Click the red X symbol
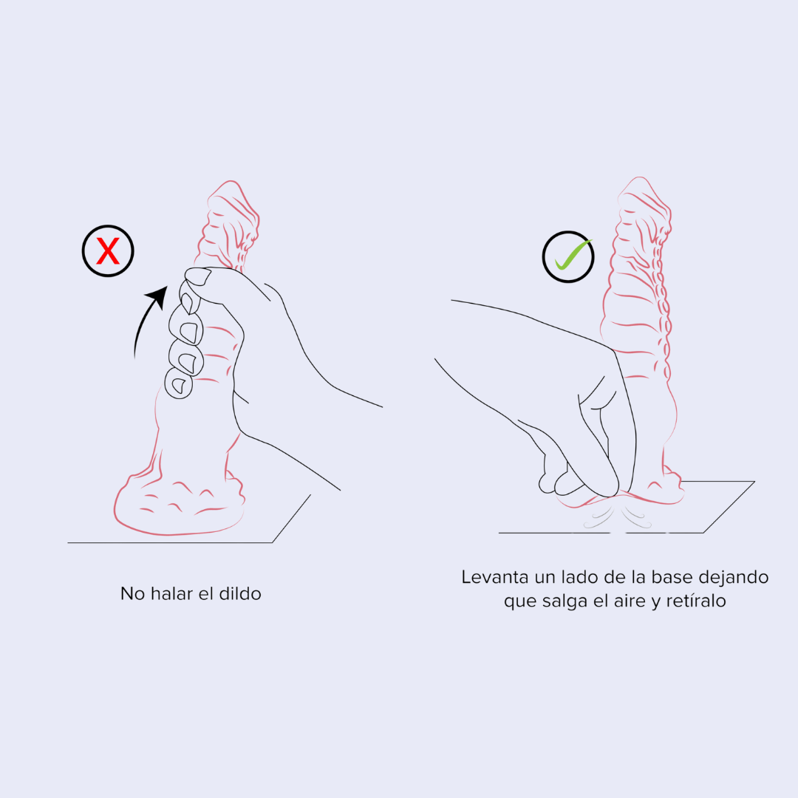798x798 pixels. [108, 251]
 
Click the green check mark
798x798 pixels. [573, 254]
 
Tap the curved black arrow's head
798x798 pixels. [158, 296]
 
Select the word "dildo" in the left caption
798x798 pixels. [240, 593]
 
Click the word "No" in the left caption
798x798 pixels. [132, 593]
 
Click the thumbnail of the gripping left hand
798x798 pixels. [199, 276]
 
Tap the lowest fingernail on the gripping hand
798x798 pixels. [179, 385]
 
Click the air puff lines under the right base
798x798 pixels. [617, 515]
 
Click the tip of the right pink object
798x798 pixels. [640, 177]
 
